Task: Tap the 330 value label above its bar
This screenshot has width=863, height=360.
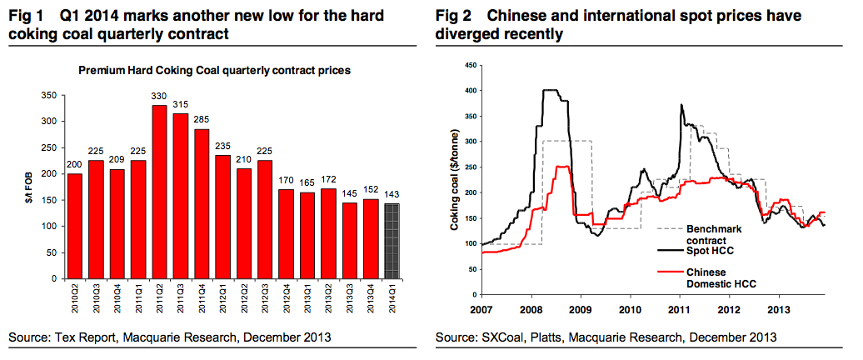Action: click(x=158, y=97)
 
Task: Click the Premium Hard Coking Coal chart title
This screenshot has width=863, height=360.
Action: click(x=214, y=71)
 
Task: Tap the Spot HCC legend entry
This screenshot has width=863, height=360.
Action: click(x=707, y=250)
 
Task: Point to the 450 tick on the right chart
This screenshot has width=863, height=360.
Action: click(x=468, y=65)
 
